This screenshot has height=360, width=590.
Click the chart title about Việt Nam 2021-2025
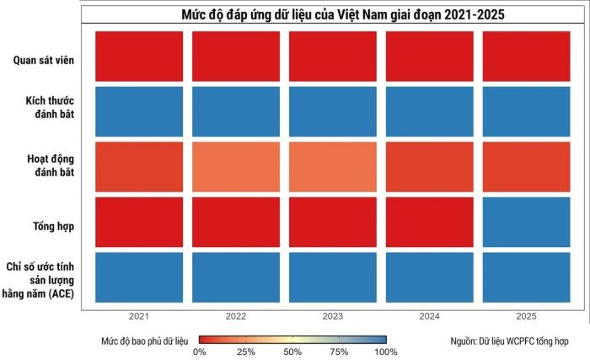[343, 14]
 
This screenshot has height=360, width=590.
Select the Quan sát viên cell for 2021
[139, 56]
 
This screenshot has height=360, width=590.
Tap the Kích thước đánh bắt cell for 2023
[333, 111]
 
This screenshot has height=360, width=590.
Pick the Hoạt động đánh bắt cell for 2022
[236, 167]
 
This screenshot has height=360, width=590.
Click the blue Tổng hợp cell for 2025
[527, 223]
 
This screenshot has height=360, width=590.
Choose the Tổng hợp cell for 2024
[430, 223]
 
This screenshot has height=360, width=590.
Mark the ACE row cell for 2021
[139, 277]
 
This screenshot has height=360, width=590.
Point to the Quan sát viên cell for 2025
[527, 56]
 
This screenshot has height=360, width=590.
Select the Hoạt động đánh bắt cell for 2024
[430, 167]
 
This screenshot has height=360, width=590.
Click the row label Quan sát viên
[44, 60]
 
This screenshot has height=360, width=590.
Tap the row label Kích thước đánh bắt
[50, 107]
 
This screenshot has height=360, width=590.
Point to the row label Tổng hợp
[53, 226]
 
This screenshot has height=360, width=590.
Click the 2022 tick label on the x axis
[236, 316]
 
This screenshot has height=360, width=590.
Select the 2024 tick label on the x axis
[430, 316]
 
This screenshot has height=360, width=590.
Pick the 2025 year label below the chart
[527, 316]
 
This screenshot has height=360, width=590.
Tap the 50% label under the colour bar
[292, 352]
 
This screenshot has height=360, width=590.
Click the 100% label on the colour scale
[386, 352]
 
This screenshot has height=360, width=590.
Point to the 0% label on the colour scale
[200, 352]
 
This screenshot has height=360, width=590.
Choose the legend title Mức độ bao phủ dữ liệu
[144, 341]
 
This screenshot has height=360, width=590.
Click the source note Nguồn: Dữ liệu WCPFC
[509, 341]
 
